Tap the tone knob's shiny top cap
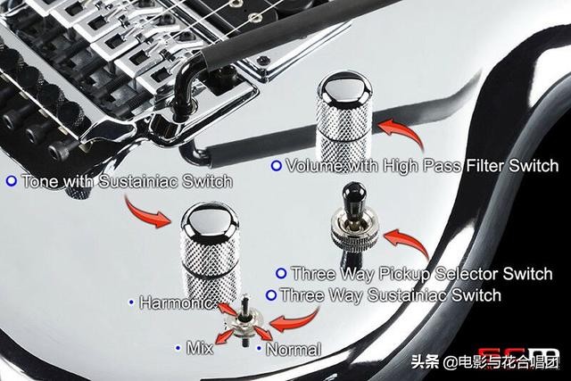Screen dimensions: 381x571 pyautogui.click(x=209, y=219)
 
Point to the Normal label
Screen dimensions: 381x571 pyautogui.click(x=294, y=350)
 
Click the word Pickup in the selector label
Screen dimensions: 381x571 pyautogui.click(x=410, y=274)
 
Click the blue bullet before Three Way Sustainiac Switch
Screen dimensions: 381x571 pyautogui.click(x=271, y=294)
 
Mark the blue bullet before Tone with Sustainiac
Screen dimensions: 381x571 pyautogui.click(x=11, y=181)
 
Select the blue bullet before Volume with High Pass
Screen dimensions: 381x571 pyautogui.click(x=277, y=166)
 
